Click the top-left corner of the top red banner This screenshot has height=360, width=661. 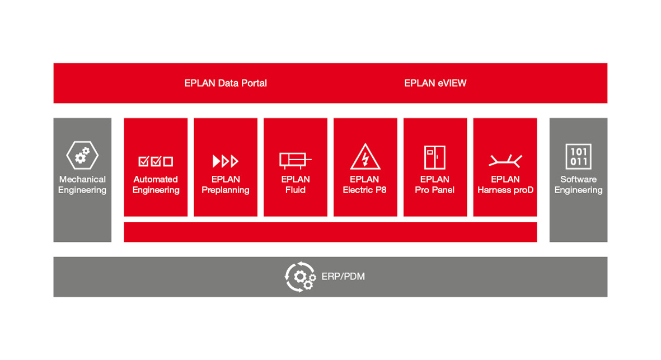(x=54, y=63)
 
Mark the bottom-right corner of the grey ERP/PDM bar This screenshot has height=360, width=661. (x=607, y=297)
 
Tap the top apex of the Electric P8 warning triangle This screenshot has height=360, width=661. (x=365, y=144)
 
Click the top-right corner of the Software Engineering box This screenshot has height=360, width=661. (x=607, y=118)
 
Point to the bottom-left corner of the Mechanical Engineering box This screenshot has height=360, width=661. (x=54, y=242)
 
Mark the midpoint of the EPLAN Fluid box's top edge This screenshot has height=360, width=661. (x=296, y=118)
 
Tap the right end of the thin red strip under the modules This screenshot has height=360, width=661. (x=537, y=232)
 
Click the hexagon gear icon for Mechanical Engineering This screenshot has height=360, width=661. (x=83, y=156)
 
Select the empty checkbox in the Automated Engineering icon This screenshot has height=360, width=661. (x=168, y=161)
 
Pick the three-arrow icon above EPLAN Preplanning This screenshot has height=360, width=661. (x=226, y=161)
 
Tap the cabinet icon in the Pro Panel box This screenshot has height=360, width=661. (x=435, y=157)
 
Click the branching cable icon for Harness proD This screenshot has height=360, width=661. (x=505, y=161)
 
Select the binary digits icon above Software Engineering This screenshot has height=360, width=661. (x=578, y=156)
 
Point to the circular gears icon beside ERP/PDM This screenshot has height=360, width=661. (x=300, y=277)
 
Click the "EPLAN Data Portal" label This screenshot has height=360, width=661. (x=226, y=83)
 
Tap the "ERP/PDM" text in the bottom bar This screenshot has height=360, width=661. (x=343, y=277)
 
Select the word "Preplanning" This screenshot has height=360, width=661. (x=226, y=190)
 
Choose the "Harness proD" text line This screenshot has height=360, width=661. (x=505, y=190)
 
